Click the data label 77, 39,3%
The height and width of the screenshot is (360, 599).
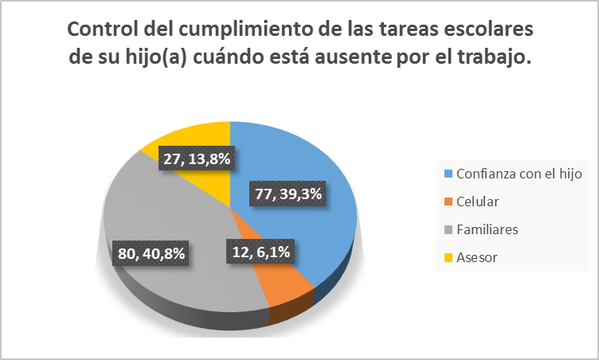292,194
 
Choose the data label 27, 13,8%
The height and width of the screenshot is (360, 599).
196,158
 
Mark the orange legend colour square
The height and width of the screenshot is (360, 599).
448,202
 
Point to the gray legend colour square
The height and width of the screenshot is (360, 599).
448,229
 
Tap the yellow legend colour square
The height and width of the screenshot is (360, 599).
448,257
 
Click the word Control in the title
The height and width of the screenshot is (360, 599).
100,29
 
